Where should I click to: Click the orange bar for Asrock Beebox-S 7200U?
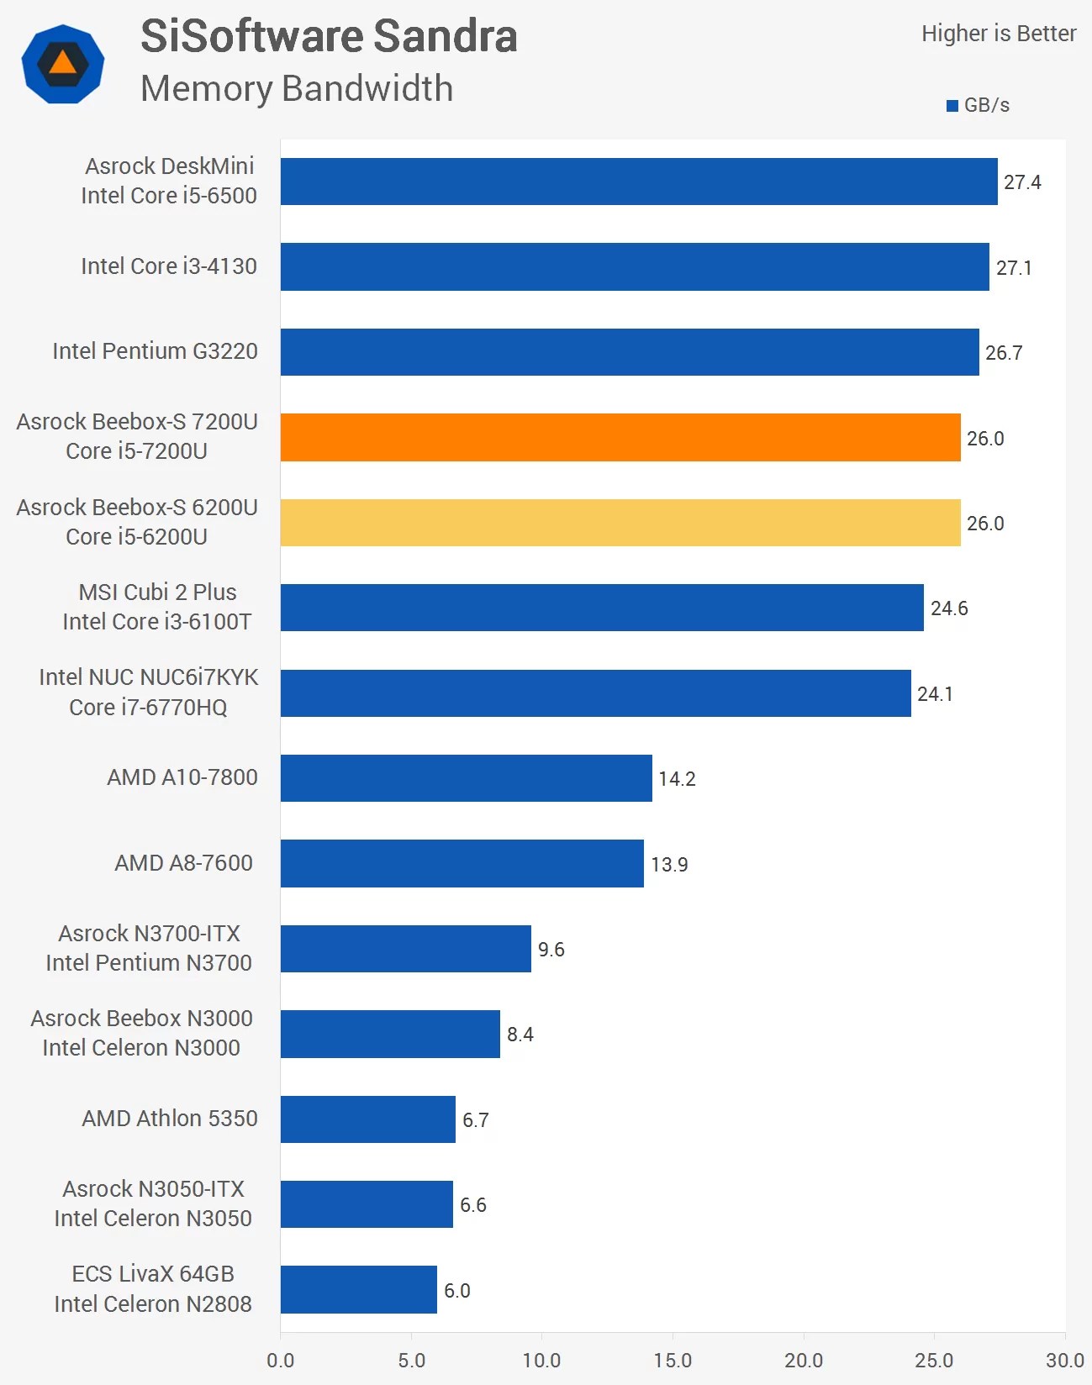[x=620, y=437]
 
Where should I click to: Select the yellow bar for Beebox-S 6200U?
[x=620, y=523]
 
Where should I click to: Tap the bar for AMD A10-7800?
[x=466, y=778]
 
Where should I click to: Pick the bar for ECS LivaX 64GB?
[x=359, y=1289]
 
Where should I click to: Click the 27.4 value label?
[x=1022, y=182]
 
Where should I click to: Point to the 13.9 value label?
[x=669, y=865]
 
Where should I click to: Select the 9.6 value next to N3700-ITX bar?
[x=551, y=950]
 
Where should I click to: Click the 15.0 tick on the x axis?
[x=673, y=1360]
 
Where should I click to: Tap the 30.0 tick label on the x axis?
[x=1064, y=1360]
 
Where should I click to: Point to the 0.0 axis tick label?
[x=281, y=1360]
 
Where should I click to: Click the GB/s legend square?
[x=952, y=106]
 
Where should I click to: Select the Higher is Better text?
[x=999, y=34]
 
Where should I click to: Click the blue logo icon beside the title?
[x=63, y=64]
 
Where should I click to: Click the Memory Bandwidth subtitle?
[x=297, y=88]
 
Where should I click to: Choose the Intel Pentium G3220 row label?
[x=155, y=351]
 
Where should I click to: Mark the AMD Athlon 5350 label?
[x=170, y=1119]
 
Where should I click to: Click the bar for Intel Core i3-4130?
[x=635, y=267]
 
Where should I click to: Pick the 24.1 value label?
[x=935, y=694]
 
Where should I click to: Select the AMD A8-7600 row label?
[x=183, y=863]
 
